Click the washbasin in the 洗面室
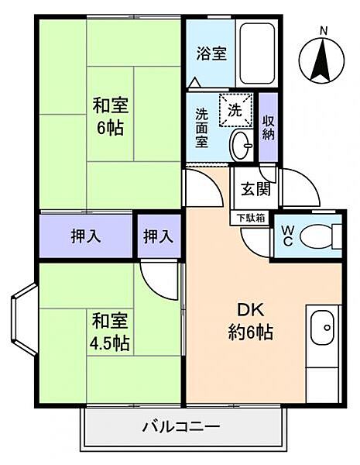pos(242,143)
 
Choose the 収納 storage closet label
pos(268,126)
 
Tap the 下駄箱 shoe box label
pos(250,219)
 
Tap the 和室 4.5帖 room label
pos(109,331)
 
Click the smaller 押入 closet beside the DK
pos(157,236)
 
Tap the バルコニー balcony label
pos(181,427)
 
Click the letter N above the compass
pos(324,29)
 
